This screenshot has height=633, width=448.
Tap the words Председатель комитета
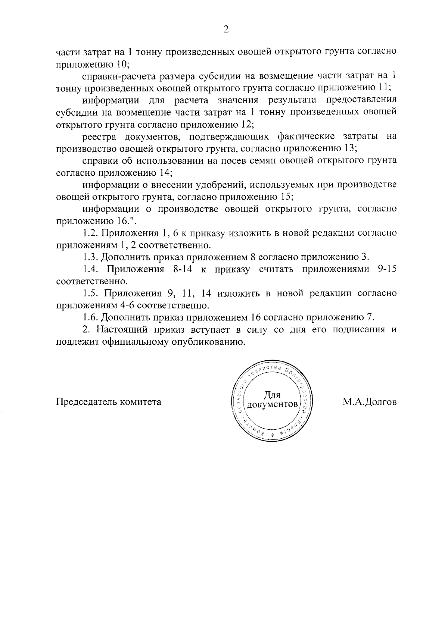click(109, 402)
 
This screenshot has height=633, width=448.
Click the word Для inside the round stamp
click(272, 395)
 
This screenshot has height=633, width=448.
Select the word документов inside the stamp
click(273, 405)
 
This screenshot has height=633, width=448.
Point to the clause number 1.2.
click(90, 233)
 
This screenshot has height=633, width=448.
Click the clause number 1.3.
click(90, 257)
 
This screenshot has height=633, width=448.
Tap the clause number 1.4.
click(90, 269)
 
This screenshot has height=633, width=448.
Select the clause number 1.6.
click(90, 317)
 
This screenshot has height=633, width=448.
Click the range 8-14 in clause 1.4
click(183, 269)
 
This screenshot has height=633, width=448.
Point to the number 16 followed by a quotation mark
click(123, 221)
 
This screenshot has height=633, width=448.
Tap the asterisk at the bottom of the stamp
click(272, 435)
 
